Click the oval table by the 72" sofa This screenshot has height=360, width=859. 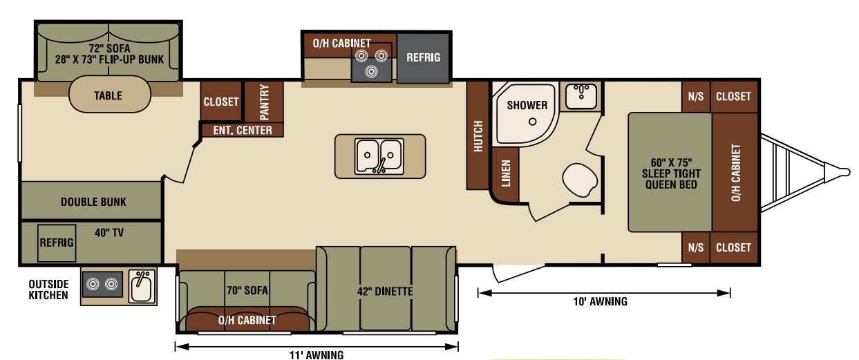tap(110, 95)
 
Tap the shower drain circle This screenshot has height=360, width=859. tap(532, 122)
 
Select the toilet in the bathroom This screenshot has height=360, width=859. tap(579, 180)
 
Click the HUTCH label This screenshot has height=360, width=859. tap(478, 136)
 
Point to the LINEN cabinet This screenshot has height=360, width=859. tap(505, 175)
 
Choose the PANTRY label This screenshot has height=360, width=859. tap(264, 102)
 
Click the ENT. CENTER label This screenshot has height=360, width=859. tap(243, 131)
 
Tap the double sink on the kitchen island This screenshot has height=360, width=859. tap(379, 156)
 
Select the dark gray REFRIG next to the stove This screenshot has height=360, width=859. tap(423, 58)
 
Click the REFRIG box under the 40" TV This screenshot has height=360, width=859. tap(57, 243)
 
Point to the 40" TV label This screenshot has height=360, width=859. tap(109, 233)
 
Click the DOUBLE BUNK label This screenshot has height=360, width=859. tap(93, 202)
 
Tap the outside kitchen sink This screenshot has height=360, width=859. tap(142, 286)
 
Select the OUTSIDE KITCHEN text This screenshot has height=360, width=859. tap(48, 290)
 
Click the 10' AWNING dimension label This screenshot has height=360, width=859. tap(600, 302)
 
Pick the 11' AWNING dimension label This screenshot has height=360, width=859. tap(317, 355)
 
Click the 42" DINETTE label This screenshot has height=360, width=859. tap(385, 292)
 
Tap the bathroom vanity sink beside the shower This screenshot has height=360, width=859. tap(581, 96)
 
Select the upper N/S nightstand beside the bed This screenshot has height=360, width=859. tap(696, 96)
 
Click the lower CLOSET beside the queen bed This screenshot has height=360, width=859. tap(734, 247)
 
